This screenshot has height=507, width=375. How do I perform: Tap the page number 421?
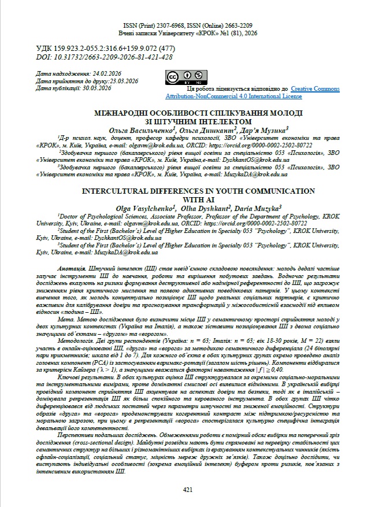[187, 489]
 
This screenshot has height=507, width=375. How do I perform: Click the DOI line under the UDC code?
[104, 57]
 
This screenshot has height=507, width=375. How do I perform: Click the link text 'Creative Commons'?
[316, 88]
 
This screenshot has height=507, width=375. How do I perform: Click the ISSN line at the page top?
[187, 26]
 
